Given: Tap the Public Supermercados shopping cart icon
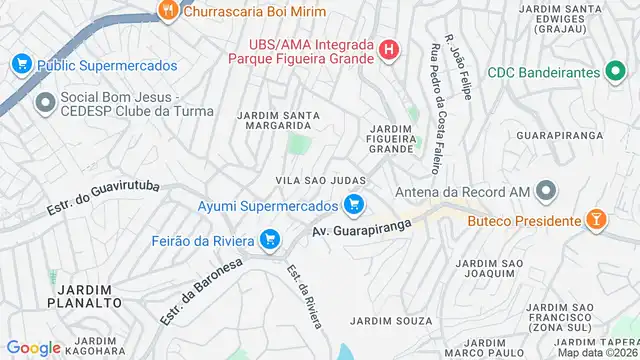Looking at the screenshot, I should coord(21,65).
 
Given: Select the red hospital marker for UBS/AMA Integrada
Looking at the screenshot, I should coord(390,49).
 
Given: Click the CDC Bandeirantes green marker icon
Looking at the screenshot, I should coord(616,73).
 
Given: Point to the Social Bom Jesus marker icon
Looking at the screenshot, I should coord(44,103).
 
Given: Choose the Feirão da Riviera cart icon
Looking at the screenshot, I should coord(268,239).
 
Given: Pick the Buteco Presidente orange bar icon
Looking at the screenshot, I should coord(596,220).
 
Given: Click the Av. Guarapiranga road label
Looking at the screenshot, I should coord(355,230).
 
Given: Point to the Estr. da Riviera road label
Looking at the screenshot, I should coord(304,297).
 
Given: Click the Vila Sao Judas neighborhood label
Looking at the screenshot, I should coord(320,180).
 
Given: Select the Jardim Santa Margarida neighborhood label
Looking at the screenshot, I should coord(278,121).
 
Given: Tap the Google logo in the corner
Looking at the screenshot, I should coord(33,347).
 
